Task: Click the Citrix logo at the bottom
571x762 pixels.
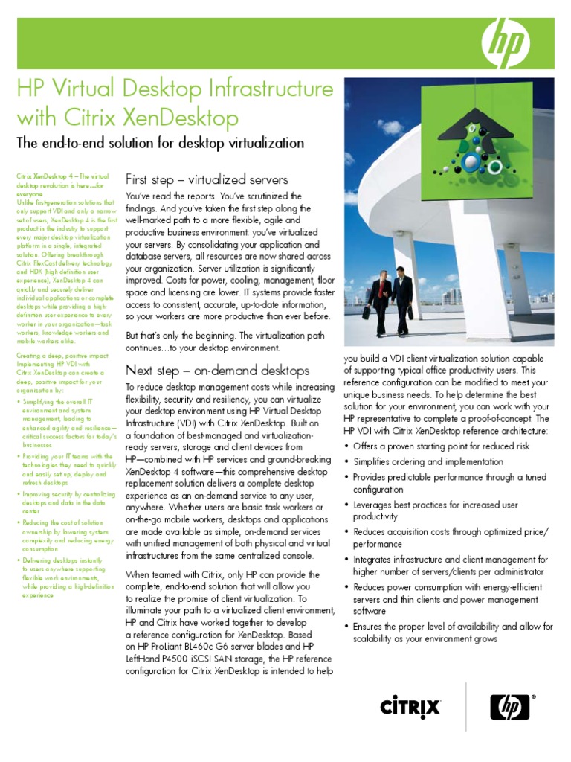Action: coord(410,705)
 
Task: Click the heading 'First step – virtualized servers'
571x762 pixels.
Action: coord(207,180)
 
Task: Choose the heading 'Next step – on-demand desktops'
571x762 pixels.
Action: coord(217,370)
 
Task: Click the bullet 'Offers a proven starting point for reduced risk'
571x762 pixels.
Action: coord(442,446)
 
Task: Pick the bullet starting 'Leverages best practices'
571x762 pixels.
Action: coord(435,510)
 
